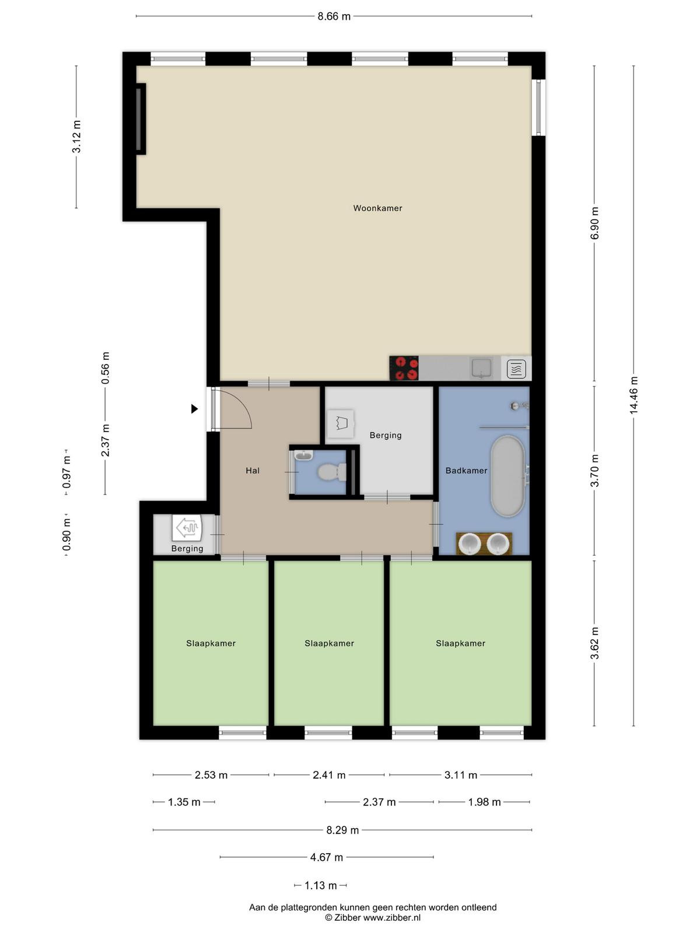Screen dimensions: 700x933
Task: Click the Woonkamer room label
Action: click(x=377, y=208)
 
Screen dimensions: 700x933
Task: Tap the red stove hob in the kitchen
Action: click(x=404, y=368)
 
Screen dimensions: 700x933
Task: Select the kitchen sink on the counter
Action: click(x=481, y=368)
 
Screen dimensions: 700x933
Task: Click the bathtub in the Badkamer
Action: click(x=508, y=476)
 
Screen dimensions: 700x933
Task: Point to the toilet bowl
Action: click(x=332, y=472)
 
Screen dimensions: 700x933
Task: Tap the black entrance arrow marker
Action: click(x=194, y=409)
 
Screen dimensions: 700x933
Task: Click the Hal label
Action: click(x=253, y=471)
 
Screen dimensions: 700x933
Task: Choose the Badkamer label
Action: click(x=466, y=471)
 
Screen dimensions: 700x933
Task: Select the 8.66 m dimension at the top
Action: click(x=334, y=16)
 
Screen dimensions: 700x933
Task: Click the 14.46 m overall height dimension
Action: click(x=633, y=395)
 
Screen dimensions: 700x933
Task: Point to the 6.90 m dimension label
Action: click(x=594, y=223)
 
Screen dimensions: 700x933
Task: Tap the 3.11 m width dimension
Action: click(x=461, y=775)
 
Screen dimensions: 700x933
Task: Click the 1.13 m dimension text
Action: click(x=321, y=885)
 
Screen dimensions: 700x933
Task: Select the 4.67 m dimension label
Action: click(x=327, y=857)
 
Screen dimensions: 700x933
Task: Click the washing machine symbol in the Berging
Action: click(x=341, y=424)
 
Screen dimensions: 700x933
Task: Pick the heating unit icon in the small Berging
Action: click(x=187, y=528)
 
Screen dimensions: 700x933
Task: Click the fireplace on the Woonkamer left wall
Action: click(x=140, y=119)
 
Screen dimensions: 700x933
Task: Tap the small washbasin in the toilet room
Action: click(x=303, y=455)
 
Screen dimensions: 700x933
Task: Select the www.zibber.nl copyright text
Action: click(x=391, y=917)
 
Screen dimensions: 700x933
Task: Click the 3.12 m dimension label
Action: click(x=76, y=136)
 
